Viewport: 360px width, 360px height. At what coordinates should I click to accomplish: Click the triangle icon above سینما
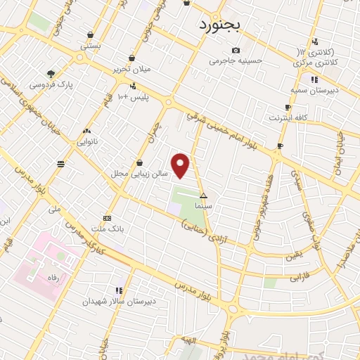tap(204, 196)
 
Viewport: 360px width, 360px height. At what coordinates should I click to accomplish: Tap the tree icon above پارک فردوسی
tap(51, 73)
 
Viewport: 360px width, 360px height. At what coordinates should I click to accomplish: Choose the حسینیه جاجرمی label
tap(236, 60)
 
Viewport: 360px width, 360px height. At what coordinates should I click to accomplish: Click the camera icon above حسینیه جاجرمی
tap(236, 50)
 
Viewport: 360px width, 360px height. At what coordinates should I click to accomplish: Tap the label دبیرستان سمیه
tap(316, 90)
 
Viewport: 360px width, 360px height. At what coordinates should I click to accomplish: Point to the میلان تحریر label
tap(133, 69)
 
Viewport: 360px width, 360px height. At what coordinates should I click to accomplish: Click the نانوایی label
tap(86, 141)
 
